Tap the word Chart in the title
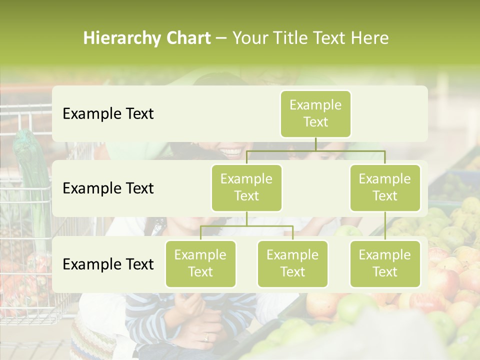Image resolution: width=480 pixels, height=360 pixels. pos(188,38)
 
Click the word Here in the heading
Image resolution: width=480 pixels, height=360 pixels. pos(369,38)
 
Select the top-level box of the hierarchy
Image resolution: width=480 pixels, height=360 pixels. pos(315,113)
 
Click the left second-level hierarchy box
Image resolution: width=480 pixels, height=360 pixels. pos(246,187)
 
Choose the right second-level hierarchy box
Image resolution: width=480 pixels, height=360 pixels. pos(385,187)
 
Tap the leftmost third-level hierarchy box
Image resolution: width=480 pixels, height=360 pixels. pos(200,263)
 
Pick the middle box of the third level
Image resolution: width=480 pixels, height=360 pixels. pos(292,263)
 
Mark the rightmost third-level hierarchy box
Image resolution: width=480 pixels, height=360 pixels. pos(385,263)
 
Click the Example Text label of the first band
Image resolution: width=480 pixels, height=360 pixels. pos(108,114)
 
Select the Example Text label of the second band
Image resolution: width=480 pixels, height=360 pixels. pos(108,188)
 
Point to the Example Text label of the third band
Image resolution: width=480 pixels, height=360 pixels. pos(108,264)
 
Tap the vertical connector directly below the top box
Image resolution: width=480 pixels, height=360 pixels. pos(315,144)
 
